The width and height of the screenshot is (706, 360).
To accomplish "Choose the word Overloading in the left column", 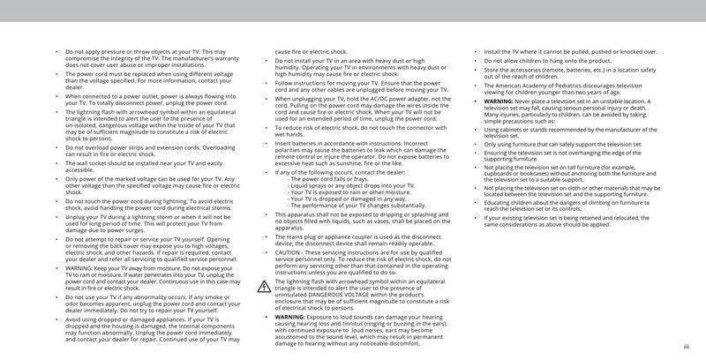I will [205, 146].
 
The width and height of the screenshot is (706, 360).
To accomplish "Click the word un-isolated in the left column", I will [83, 126].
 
